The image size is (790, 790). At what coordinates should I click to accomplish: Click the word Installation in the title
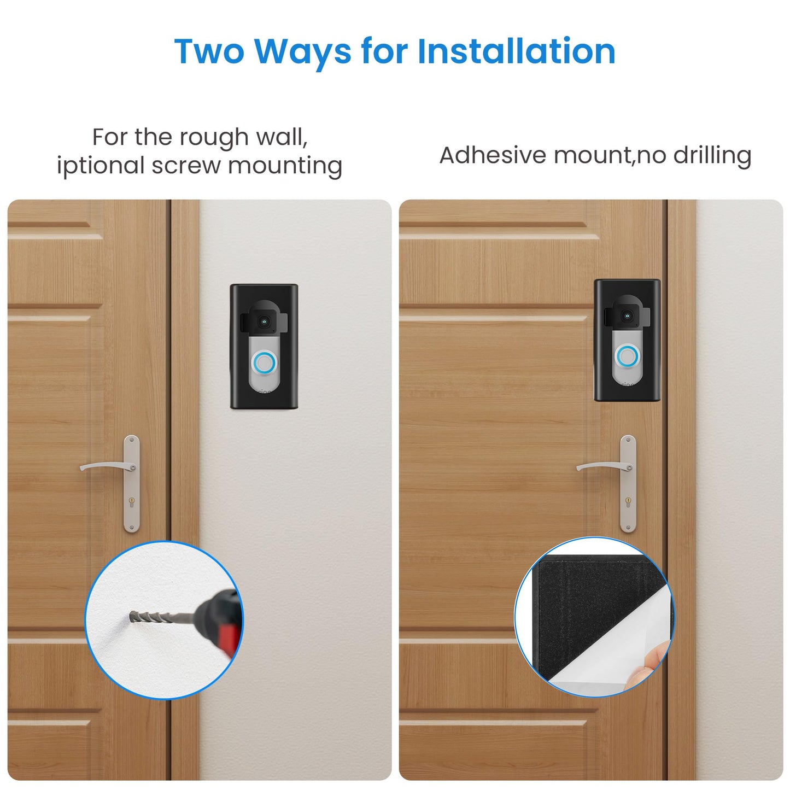516,51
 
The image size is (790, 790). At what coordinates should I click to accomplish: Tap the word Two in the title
209,51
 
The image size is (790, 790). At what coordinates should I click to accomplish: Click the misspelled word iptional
100,166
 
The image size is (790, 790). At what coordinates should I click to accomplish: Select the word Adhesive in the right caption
493,155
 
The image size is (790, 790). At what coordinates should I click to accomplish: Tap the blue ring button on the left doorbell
264,362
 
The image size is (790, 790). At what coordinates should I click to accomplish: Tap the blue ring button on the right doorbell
627,357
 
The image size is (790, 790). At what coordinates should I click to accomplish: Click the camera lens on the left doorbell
265,322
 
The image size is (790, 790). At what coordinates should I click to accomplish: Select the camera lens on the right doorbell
628,315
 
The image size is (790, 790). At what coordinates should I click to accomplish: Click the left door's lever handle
107,466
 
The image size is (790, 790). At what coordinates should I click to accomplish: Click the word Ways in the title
303,51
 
